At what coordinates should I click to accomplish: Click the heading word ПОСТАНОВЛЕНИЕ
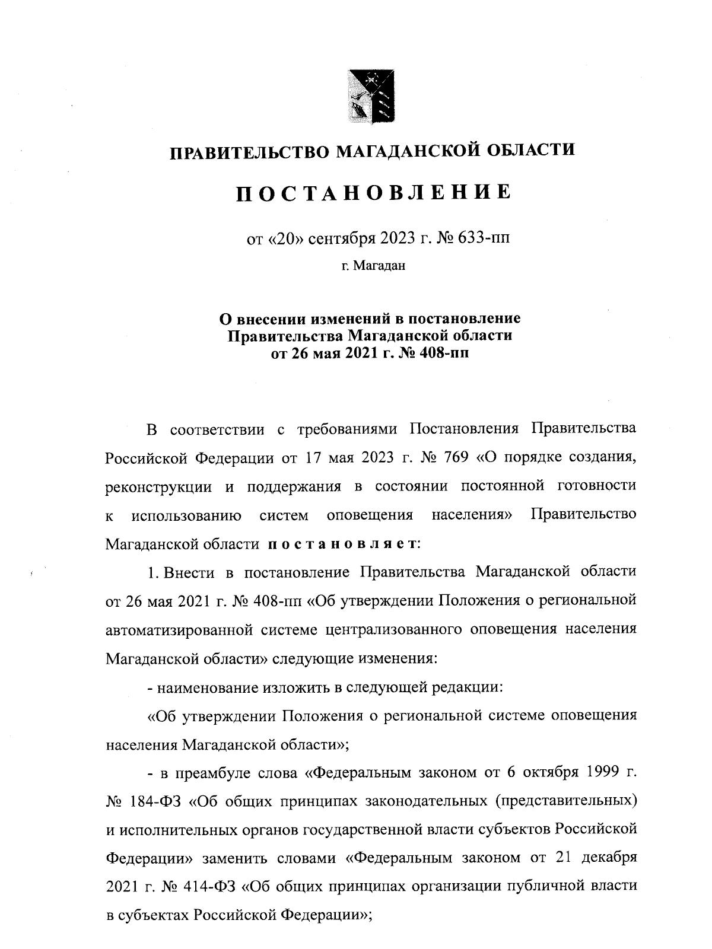point(373,193)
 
